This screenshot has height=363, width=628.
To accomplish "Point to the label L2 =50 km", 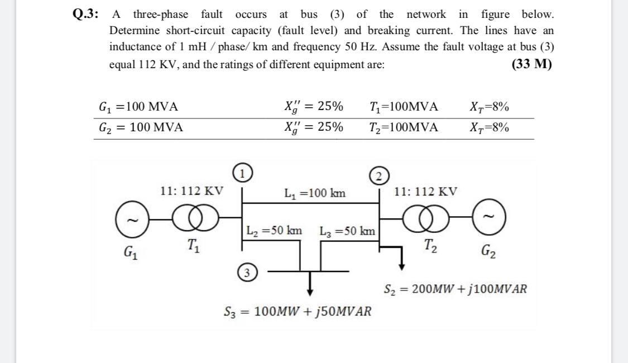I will click(x=274, y=230).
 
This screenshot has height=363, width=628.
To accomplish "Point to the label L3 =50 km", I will click(x=347, y=230).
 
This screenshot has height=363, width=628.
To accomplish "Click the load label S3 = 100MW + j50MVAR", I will click(x=297, y=311).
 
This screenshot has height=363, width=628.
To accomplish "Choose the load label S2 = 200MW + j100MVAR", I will click(x=455, y=289).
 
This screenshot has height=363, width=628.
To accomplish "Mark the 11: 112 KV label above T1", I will click(x=191, y=191).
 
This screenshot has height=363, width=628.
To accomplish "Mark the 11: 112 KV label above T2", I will click(x=425, y=192).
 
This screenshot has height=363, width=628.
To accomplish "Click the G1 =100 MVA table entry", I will click(x=138, y=107).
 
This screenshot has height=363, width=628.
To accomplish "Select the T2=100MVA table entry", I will click(x=404, y=127).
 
